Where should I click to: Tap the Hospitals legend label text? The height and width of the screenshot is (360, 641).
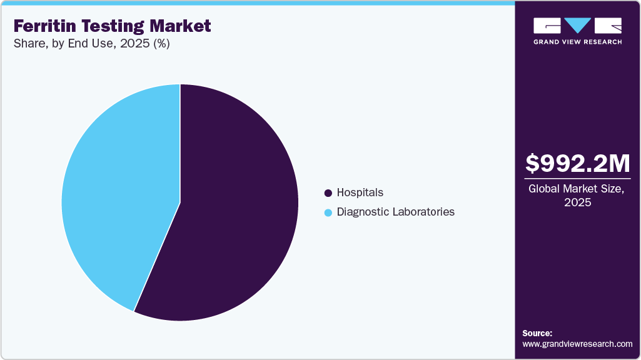pyautogui.click(x=360, y=192)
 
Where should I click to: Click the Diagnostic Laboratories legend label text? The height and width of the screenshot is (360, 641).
pyautogui.click(x=395, y=212)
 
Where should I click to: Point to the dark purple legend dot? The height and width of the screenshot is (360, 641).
pyautogui.click(x=328, y=193)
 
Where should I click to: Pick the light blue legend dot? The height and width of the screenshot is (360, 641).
pyautogui.click(x=328, y=212)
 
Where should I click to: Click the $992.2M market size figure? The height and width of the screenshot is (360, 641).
pyautogui.click(x=577, y=163)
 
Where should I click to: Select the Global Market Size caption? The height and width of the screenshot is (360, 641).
pyautogui.click(x=577, y=189)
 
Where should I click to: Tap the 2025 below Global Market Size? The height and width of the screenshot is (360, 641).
pyautogui.click(x=577, y=203)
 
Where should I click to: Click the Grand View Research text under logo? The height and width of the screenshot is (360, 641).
pyautogui.click(x=577, y=42)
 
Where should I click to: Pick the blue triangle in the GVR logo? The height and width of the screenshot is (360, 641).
pyautogui.click(x=578, y=25)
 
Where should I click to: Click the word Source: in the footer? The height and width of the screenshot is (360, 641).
pyautogui.click(x=537, y=333)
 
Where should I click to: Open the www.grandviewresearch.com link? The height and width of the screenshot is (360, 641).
pyautogui.click(x=577, y=344)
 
